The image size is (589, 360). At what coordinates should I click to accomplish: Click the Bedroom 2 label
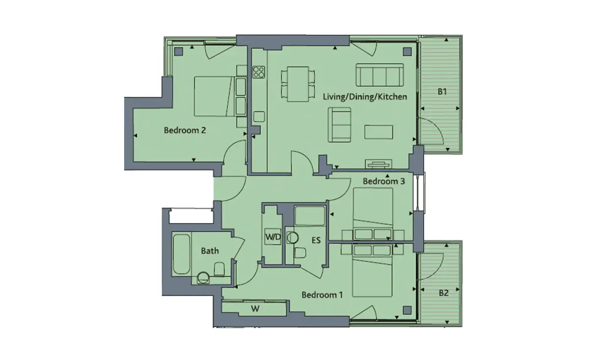coord(185,130)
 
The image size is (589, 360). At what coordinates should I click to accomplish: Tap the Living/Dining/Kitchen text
coord(365,97)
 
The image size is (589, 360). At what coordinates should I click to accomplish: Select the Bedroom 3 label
coord(384,181)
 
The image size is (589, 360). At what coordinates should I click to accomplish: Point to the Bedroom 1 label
coord(322,295)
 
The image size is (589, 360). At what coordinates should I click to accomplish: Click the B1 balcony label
coord(442,91)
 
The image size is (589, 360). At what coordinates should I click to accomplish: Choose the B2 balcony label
coord(444,293)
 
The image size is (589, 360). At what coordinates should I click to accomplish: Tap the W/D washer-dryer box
coord(273,237)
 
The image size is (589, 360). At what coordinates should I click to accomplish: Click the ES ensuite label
coord(316,240)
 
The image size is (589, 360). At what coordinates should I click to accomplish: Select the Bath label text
coord(210,251)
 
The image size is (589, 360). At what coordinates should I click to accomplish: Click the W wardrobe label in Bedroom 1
coord(255,308)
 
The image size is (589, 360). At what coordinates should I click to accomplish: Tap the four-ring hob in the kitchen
coord(259,72)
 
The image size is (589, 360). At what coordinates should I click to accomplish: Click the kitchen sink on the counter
coord(259,116)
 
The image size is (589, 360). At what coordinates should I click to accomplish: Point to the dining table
coord(298,84)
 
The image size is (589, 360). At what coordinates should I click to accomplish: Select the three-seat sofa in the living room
coord(380,75)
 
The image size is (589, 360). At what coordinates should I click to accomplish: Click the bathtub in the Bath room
coord(182,254)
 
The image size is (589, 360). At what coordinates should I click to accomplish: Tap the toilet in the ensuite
coord(300,253)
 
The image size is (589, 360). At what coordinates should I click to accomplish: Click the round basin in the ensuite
coord(293,238)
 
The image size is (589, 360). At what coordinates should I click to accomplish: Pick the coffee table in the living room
coord(378,132)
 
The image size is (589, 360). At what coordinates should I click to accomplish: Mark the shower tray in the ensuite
coord(310,216)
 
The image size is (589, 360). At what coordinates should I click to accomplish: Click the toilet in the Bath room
coord(219,269)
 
